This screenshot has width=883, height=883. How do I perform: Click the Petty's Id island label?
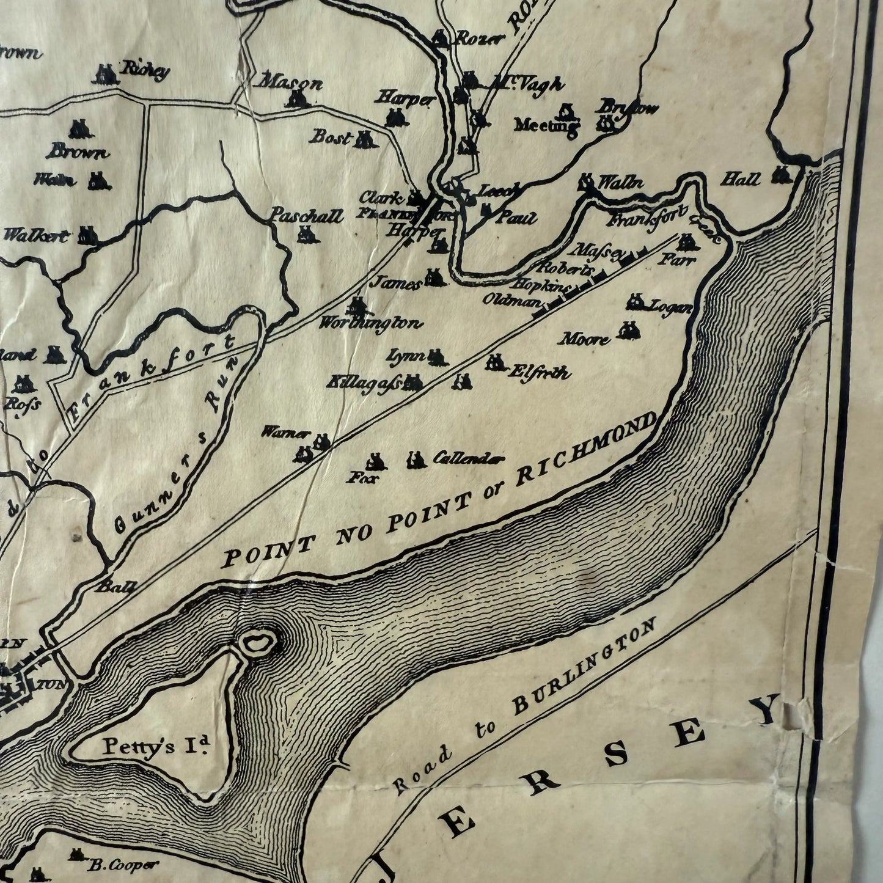click(x=156, y=745)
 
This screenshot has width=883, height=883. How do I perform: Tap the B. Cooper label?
click(x=122, y=865)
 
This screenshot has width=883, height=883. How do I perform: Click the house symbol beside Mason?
click(x=297, y=99)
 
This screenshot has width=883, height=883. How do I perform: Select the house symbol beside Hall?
click(x=782, y=175)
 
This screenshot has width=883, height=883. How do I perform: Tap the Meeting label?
click(x=546, y=126)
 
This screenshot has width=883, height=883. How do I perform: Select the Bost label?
click(x=330, y=136)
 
